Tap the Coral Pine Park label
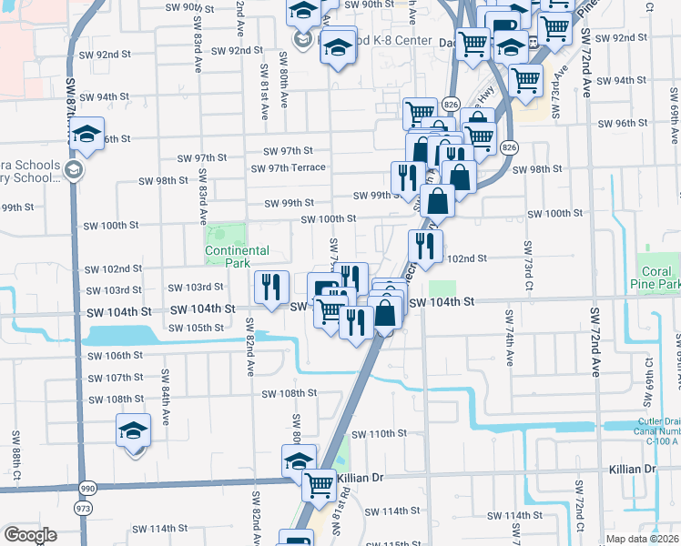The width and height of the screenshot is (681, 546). [x=656, y=278]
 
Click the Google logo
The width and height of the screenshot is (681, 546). [x=31, y=535]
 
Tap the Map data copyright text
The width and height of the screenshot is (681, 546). [x=641, y=539]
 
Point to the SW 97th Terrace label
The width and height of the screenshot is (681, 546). [x=289, y=168]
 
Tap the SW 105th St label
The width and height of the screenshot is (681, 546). [x=197, y=328]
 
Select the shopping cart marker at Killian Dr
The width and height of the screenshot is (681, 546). [x=319, y=485]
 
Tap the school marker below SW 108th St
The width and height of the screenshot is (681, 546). [x=134, y=430]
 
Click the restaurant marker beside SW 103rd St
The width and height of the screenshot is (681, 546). [x=270, y=288]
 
